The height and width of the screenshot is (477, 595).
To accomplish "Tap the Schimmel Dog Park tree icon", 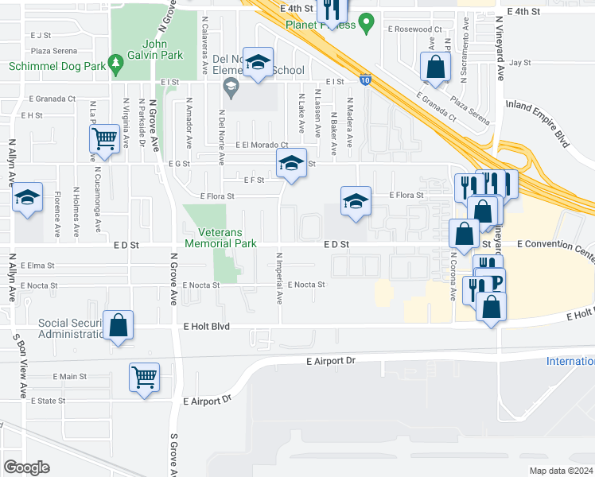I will click(116, 62).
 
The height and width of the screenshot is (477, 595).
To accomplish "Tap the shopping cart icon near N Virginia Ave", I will click(104, 139).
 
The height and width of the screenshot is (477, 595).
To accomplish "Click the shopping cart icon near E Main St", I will click(144, 376).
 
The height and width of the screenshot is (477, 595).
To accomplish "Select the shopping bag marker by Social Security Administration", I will click(118, 324).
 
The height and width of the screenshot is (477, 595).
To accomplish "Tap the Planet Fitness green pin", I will click(366, 24).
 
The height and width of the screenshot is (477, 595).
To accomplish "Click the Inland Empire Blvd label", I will click(538, 126).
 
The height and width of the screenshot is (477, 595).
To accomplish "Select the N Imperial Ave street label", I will click(279, 278).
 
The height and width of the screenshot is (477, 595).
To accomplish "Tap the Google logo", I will click(27, 467).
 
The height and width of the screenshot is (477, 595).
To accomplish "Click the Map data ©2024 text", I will click(562, 471).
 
